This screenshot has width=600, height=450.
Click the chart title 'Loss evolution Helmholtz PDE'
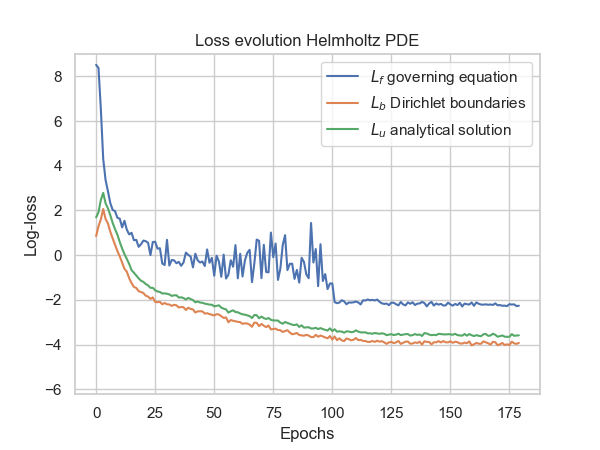tap(307, 40)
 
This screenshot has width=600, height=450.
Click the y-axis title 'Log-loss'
tap(31, 226)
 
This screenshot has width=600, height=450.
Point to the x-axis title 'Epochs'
tap(307, 434)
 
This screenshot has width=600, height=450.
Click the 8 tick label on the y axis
tap(58, 77)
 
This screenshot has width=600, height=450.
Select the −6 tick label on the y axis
tap(53, 390)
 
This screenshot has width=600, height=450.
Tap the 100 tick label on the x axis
tap(332, 413)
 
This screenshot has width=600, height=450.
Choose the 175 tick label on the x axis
tap(509, 413)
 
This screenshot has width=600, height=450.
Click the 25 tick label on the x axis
tap(155, 413)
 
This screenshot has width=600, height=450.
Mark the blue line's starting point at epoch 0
tap(96, 65)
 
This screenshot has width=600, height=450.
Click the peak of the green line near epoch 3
tap(103, 193)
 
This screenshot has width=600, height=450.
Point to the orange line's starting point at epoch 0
tap(96, 236)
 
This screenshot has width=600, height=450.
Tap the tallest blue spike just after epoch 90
tap(311, 223)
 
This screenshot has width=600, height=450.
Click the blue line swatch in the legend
tap(342, 77)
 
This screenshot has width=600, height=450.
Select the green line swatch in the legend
tap(342, 130)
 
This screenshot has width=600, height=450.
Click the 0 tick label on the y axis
tap(58, 256)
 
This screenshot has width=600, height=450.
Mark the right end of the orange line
tap(519, 343)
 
